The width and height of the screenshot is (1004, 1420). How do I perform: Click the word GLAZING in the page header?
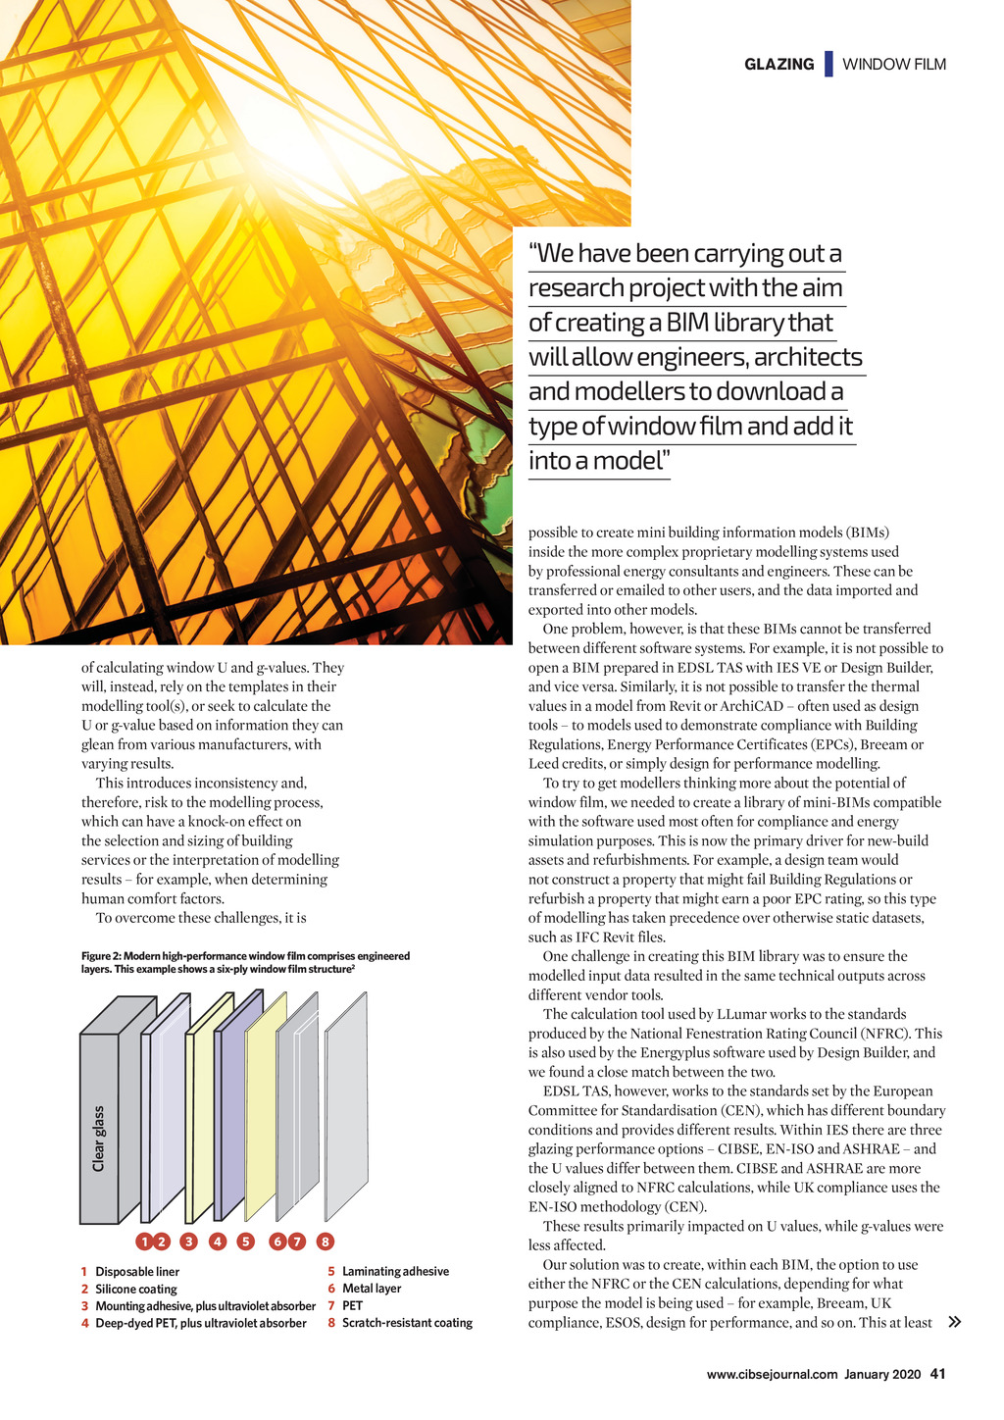(x=778, y=65)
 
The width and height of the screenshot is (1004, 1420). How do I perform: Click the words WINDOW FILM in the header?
(x=894, y=65)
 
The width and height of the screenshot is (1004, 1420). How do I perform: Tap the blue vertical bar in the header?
(x=828, y=64)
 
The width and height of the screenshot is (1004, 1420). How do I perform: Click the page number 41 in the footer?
(x=937, y=1374)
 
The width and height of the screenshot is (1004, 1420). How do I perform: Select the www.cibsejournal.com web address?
(x=772, y=1374)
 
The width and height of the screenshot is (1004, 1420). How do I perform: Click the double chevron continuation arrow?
(x=954, y=1322)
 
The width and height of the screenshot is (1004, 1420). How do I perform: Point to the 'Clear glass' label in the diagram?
(x=99, y=1139)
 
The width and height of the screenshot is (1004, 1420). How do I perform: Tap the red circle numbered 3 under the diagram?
(x=189, y=1242)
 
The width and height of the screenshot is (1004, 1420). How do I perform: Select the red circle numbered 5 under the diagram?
(x=246, y=1242)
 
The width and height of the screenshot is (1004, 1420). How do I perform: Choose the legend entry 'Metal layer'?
(x=372, y=1289)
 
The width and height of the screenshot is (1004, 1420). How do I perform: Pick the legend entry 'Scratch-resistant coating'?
(x=407, y=1323)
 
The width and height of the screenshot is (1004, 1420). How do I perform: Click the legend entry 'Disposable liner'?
(x=137, y=1272)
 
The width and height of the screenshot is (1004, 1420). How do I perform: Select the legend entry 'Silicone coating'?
(x=136, y=1290)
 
